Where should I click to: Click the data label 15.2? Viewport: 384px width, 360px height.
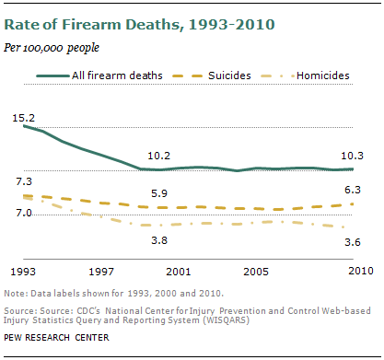24,117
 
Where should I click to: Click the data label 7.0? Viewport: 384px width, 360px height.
24,213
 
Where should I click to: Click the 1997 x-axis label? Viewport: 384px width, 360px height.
100,273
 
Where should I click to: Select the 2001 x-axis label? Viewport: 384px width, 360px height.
178,273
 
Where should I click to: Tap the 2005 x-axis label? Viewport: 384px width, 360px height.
255,273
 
